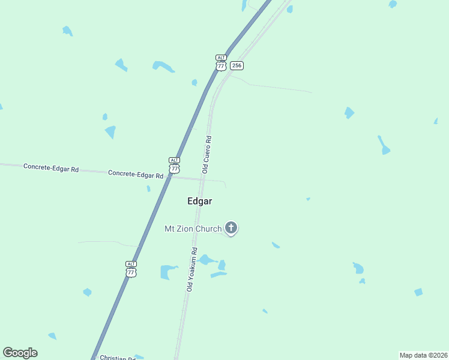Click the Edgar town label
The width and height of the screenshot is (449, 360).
pyautogui.click(x=199, y=202)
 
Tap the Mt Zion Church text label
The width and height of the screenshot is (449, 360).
pyautogui.click(x=193, y=229)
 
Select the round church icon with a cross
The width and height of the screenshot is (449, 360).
pyautogui.click(x=231, y=227)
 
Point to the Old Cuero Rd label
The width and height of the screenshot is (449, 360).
pyautogui.click(x=206, y=155)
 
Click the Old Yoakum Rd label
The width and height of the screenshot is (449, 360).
pyautogui.click(x=191, y=269)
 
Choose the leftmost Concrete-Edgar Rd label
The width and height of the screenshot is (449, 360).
pyautogui.click(x=51, y=167)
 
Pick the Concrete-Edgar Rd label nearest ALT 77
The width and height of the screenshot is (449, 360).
pyautogui.click(x=136, y=174)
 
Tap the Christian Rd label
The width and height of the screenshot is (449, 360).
pyautogui.click(x=117, y=358)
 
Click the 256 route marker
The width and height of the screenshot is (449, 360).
pyautogui.click(x=237, y=65)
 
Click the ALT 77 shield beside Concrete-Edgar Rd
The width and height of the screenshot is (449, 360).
pyautogui.click(x=174, y=166)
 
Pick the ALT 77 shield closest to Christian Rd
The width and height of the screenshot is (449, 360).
pyautogui.click(x=131, y=269)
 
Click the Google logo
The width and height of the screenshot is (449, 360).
pyautogui.click(x=20, y=353)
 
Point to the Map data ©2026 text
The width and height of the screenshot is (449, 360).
pyautogui.click(x=423, y=355)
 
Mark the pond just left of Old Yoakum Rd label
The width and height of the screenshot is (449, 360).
pyautogui.click(x=169, y=272)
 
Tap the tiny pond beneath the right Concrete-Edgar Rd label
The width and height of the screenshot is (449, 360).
pyautogui.click(x=148, y=188)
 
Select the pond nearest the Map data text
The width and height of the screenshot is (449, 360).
pyautogui.click(x=418, y=292)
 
